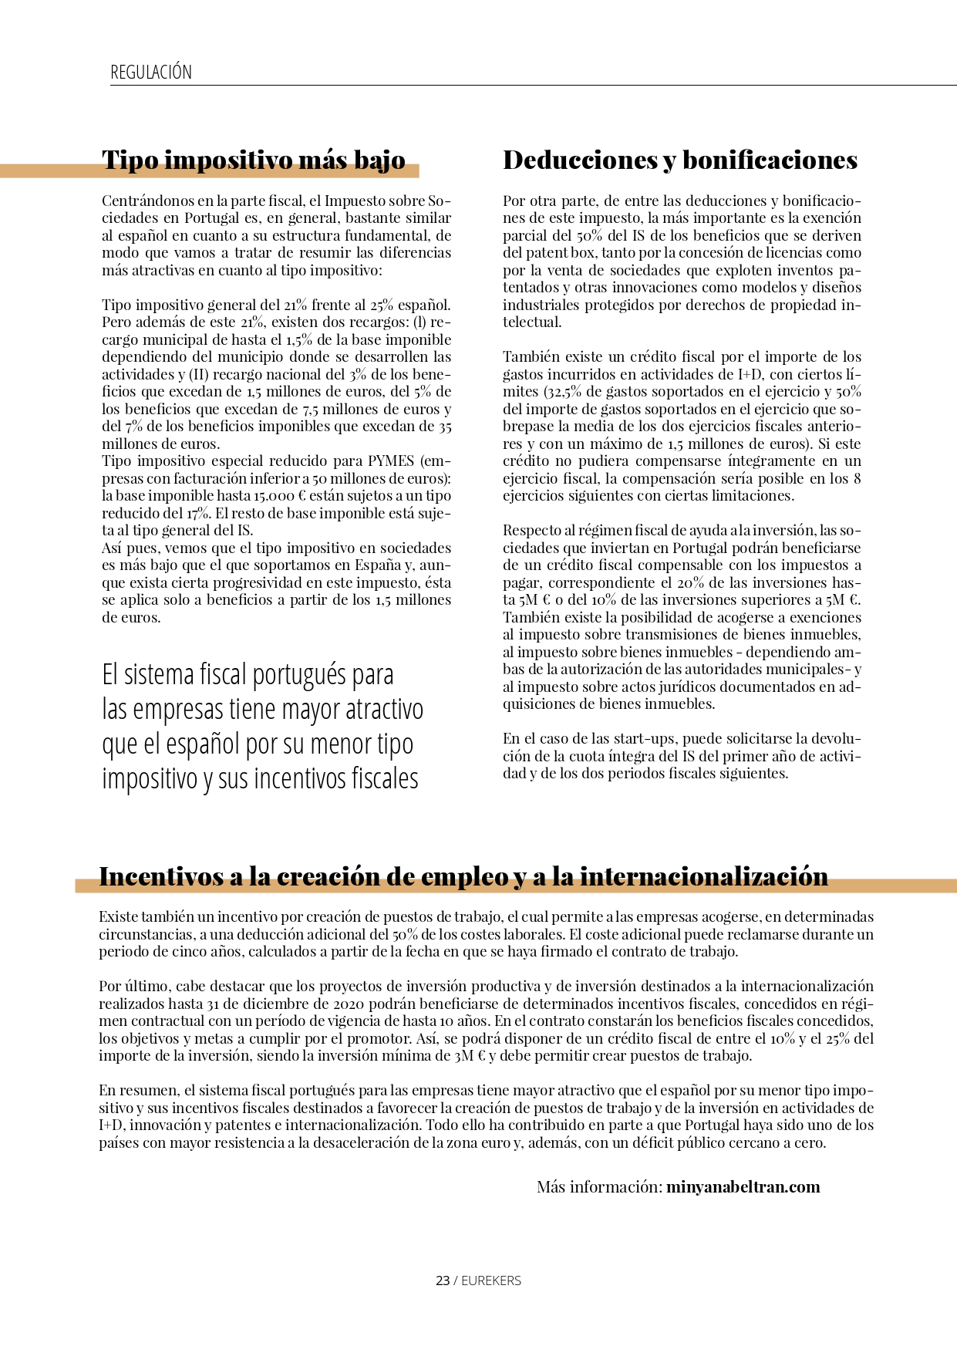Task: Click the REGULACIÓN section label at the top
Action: tap(151, 73)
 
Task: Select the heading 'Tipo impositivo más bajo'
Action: tap(254, 160)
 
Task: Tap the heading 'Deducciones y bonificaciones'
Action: tap(680, 160)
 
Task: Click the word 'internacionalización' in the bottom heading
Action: tap(703, 877)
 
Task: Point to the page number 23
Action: tap(442, 1280)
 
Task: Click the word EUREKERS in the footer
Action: tap(491, 1280)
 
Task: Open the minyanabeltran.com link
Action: tap(743, 1186)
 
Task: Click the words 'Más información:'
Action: tap(599, 1186)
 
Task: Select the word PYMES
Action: tap(391, 461)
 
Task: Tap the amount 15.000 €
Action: tap(275, 496)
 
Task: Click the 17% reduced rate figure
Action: tap(198, 513)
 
